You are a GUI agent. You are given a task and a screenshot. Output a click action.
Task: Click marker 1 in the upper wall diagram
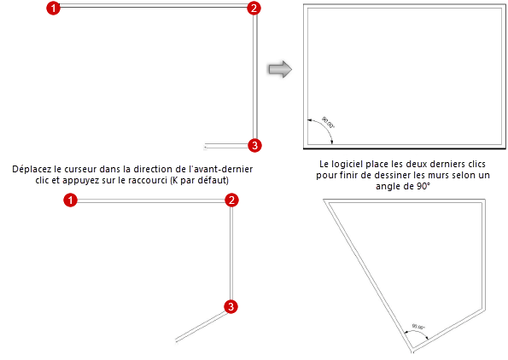(x=54, y=8)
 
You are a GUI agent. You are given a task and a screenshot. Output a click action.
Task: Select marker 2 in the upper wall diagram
(x=254, y=8)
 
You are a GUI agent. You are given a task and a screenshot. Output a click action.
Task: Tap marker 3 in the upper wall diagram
(x=254, y=145)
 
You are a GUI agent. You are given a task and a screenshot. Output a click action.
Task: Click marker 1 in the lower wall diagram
(x=70, y=200)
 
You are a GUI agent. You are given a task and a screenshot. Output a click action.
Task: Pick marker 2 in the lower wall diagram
(x=231, y=200)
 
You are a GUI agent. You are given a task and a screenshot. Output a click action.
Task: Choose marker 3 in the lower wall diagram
(x=231, y=306)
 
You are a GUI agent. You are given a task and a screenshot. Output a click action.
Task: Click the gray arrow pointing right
(x=280, y=69)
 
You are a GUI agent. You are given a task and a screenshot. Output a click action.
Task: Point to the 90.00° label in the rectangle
(x=328, y=122)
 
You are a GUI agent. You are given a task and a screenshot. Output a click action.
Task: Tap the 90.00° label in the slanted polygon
(x=418, y=327)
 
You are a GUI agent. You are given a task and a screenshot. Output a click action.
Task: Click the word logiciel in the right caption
(x=346, y=164)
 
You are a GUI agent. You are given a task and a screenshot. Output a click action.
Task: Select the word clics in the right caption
(x=476, y=164)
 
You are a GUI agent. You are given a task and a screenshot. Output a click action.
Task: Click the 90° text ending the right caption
(x=423, y=186)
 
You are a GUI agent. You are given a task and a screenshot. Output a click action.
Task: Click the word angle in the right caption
(x=387, y=187)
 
